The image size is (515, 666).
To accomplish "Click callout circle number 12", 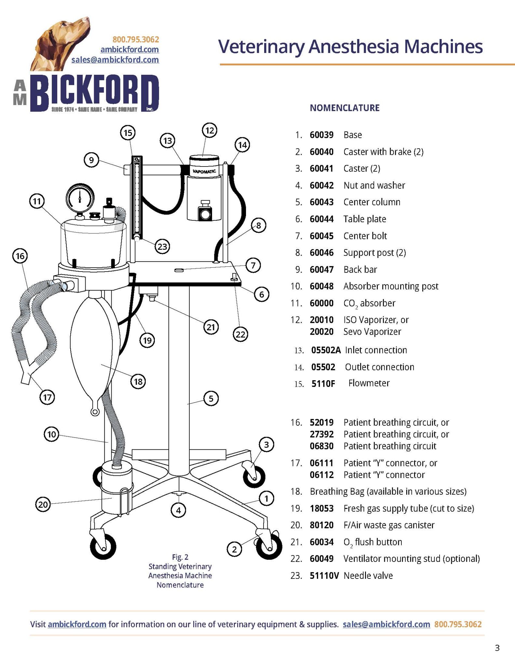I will (210, 130).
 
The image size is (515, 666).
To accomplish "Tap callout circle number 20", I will (43, 504).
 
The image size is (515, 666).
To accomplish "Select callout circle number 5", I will (211, 398).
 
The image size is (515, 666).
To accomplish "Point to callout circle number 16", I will (20, 256).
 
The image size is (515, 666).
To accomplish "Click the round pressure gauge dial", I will (80, 198).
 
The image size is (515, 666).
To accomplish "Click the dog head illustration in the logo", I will (62, 42).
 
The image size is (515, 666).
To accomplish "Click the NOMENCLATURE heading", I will (345, 108).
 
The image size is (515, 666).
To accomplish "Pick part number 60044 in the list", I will (321, 219).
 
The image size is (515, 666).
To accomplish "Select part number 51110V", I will (324, 576).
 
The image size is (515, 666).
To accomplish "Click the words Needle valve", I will (368, 576).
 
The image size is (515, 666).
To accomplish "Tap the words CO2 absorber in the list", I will (369, 303).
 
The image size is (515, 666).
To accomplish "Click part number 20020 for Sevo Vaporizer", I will (321, 332).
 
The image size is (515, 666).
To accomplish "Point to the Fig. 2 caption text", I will (180, 571).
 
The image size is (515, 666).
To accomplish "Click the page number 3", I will (497, 648).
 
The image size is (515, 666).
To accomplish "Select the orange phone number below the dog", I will (136, 40).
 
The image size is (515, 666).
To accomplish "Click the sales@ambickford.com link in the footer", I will (386, 624).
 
